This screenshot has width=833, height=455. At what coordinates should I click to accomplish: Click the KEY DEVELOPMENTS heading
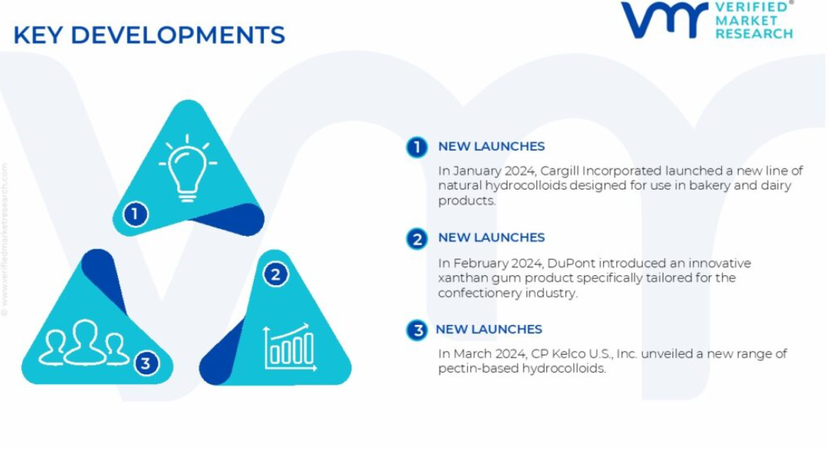click(x=149, y=35)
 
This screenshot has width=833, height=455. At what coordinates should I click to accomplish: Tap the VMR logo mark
click(x=664, y=20)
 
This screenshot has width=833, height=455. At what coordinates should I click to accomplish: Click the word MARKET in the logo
click(x=746, y=21)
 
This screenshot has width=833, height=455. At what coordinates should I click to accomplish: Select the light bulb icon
click(x=188, y=168)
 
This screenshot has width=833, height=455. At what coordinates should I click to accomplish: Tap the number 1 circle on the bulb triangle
click(x=135, y=214)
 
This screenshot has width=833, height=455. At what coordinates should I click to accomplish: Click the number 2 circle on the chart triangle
click(x=275, y=274)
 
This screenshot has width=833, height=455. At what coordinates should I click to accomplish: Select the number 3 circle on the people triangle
click(x=145, y=363)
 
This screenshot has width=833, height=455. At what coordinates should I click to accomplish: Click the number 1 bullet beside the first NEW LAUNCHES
click(x=417, y=148)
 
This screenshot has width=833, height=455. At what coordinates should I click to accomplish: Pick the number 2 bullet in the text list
click(x=417, y=239)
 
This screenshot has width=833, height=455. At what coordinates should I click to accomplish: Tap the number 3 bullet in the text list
click(x=417, y=330)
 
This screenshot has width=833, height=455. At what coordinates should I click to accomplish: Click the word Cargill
click(x=559, y=171)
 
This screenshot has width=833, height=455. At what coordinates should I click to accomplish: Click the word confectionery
click(x=479, y=294)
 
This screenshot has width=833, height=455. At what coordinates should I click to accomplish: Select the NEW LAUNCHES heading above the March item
click(x=488, y=329)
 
